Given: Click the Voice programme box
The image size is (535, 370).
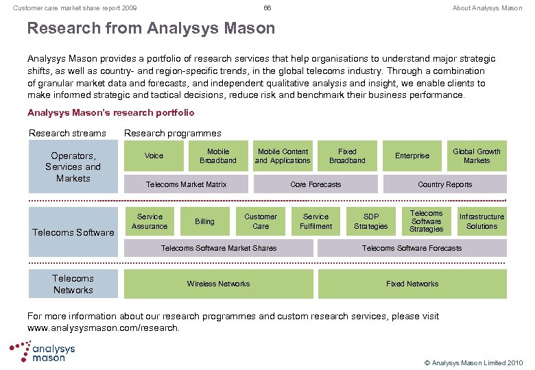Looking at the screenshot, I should [154, 156].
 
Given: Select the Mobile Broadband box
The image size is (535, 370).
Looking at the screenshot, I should [218, 156].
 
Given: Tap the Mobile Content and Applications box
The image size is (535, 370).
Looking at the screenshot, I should [283, 156].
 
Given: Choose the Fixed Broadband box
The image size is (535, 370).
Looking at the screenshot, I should [347, 156].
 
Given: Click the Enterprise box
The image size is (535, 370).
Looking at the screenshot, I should [412, 156].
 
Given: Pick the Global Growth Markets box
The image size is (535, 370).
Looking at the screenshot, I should [477, 156].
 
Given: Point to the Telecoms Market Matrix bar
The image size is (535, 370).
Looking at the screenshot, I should [186, 184].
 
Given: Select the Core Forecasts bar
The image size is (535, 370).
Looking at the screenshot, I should [316, 184].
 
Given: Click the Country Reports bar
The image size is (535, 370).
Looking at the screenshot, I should [444, 184].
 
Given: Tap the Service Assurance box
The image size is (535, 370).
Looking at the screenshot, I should [150, 221].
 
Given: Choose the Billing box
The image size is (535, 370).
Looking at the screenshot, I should [204, 221].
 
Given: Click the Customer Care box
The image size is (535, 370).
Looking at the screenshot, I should [261, 221].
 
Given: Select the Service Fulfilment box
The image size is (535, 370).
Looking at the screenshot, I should [316, 221].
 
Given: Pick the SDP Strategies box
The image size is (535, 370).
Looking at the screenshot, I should [371, 221].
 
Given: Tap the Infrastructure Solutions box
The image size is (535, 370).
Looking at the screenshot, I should [481, 221].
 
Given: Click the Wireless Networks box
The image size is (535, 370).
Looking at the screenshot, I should [218, 284].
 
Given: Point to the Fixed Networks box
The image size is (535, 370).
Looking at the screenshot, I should [412, 284].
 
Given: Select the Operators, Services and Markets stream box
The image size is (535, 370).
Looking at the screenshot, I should [73, 166].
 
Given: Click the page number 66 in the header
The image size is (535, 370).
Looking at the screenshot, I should [267, 8].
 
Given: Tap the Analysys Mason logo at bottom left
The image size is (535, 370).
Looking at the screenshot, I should [43, 351].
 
